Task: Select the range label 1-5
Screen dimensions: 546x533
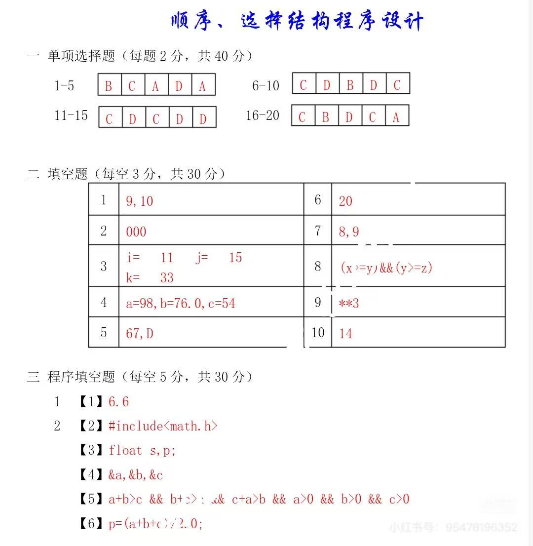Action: [64, 86]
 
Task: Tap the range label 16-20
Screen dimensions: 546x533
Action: [263, 116]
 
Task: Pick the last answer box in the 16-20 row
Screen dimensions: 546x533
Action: [396, 116]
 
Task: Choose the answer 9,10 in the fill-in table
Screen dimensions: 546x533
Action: [140, 201]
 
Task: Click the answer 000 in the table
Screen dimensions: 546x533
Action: [136, 232]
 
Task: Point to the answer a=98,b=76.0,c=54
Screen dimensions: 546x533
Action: [181, 303]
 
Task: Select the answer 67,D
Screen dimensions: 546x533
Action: [140, 334]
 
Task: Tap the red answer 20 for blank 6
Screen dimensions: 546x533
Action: [345, 201]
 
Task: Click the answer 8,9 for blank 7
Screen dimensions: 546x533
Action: [349, 232]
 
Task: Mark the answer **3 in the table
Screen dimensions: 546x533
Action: [349, 303]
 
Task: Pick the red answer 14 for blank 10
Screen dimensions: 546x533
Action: [345, 334]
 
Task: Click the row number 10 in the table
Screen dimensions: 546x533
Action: [318, 333]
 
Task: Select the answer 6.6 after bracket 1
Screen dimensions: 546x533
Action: [118, 402]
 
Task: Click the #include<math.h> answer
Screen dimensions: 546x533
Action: [163, 426]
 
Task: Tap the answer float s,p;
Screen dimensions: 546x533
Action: [142, 450]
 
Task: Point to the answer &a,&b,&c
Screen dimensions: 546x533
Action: [136, 475]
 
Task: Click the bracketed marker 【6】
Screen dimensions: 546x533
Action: [91, 523]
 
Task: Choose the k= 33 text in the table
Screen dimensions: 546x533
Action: [150, 277]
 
